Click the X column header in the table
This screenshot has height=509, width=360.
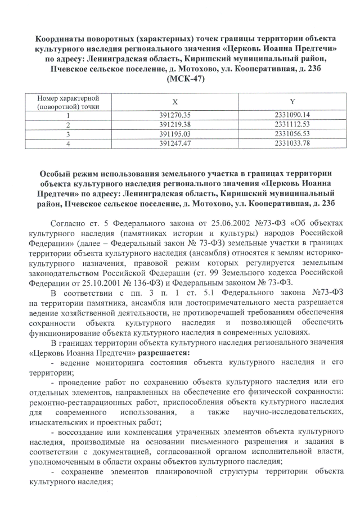click(175, 101)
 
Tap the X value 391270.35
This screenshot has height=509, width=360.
click(175, 115)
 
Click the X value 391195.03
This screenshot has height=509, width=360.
click(175, 134)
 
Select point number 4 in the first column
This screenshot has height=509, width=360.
click(68, 143)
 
